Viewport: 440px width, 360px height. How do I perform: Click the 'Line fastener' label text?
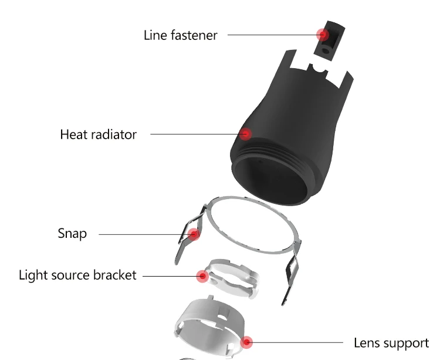click(x=180, y=35)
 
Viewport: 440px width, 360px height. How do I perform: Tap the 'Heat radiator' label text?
click(x=98, y=134)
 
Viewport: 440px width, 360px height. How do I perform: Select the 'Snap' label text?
click(x=72, y=234)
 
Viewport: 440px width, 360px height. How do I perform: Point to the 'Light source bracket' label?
click(x=77, y=275)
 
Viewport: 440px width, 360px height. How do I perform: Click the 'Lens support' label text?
click(x=391, y=342)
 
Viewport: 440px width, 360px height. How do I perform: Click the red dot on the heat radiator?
click(x=247, y=134)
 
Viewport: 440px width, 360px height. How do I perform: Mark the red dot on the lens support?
click(x=247, y=341)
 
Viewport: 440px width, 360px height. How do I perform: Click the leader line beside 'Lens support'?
click(x=299, y=342)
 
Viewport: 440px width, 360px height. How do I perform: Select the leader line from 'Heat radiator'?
click(x=194, y=134)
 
